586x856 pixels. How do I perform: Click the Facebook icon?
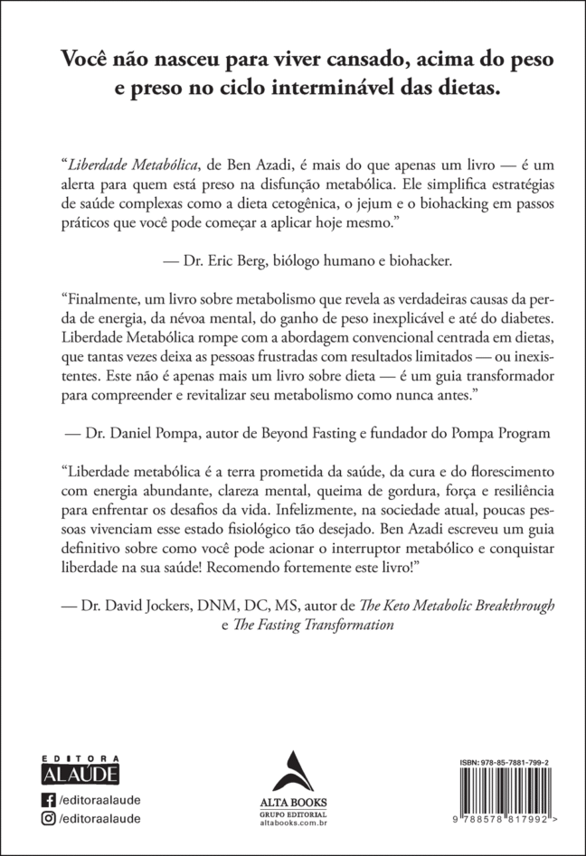point(49,799)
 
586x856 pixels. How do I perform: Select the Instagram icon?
point(49,819)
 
